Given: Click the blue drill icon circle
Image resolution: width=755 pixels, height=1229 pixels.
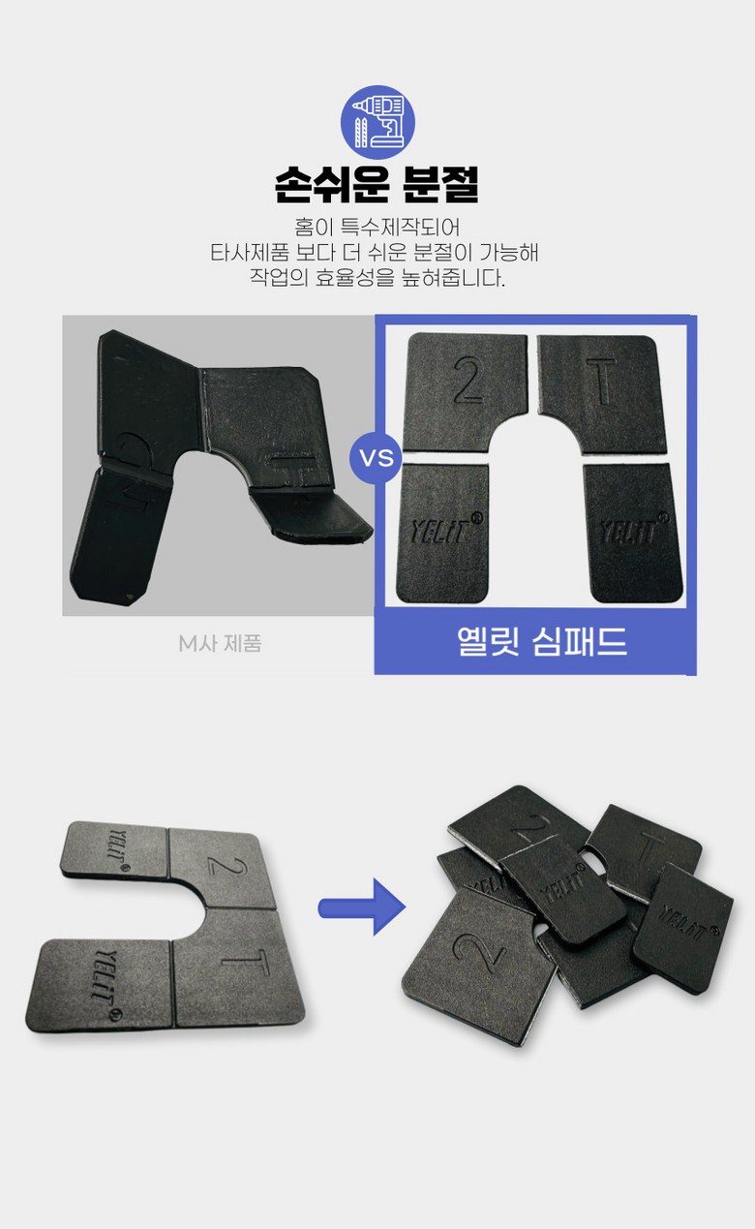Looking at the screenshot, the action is tap(377, 122).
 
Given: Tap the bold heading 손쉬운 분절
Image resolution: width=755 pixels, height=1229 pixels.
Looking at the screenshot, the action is tap(377, 185).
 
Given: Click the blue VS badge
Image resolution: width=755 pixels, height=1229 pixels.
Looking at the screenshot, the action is tap(377, 456).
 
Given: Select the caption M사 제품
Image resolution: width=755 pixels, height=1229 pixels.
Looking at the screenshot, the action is tap(220, 644).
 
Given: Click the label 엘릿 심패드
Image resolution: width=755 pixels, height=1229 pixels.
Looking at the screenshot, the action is tap(542, 641).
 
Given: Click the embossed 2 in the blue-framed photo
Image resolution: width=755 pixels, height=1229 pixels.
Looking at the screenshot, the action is tap(468, 380).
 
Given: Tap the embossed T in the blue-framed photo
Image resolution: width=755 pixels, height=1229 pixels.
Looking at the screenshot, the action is tap(601, 382).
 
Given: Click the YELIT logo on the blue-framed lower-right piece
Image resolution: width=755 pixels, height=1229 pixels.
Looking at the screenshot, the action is tap(633, 530).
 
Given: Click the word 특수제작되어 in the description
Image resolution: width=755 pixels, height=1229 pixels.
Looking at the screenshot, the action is tap(401, 228).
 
